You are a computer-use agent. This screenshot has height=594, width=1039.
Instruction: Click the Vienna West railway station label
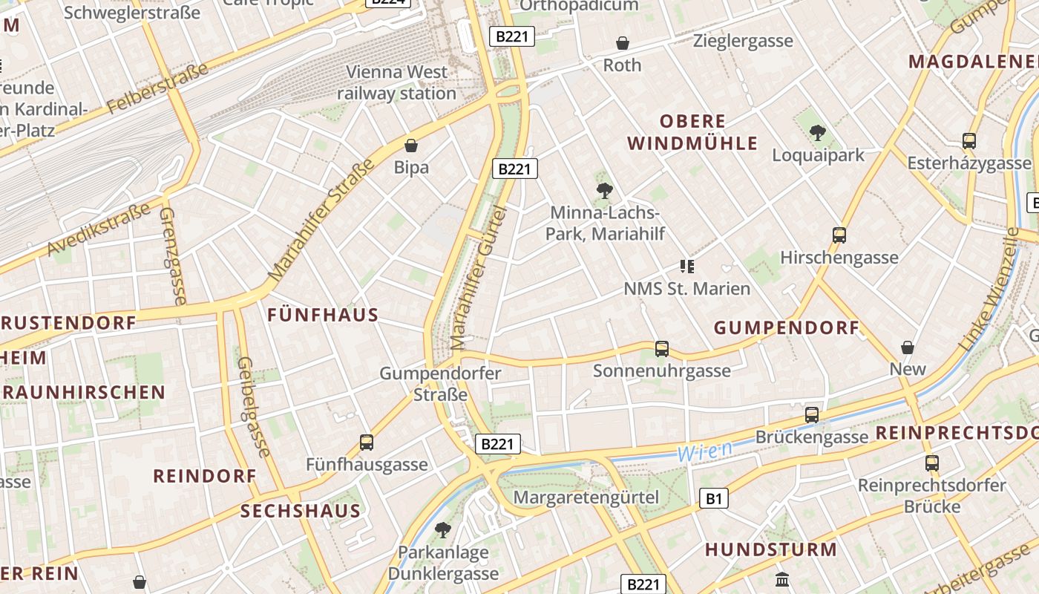[x=397, y=82]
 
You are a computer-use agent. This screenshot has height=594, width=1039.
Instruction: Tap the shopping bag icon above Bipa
[x=411, y=146]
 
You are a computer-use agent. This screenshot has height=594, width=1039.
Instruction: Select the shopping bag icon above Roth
[x=623, y=43]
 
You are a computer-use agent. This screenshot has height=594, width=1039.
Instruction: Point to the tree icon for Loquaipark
[x=818, y=133]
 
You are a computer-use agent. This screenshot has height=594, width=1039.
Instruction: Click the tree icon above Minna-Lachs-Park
[x=605, y=191]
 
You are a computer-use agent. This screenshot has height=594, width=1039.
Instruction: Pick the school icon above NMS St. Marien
[x=686, y=266]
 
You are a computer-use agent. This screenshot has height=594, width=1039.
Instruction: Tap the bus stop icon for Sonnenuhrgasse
[x=661, y=348]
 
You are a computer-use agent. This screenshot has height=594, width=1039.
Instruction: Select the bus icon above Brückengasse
[x=812, y=414]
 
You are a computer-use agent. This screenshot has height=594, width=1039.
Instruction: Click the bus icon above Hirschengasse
[x=839, y=235]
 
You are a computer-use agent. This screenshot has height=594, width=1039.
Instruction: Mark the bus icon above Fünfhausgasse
[x=367, y=443]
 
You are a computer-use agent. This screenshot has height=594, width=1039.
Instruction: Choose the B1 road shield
[x=713, y=498]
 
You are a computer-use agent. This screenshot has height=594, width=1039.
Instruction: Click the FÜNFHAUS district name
[x=323, y=315]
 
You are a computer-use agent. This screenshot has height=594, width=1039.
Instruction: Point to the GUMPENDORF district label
[x=787, y=327]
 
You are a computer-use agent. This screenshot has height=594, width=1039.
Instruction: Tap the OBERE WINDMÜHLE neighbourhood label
[x=693, y=132]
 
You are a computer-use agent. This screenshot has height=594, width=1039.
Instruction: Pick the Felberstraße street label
[x=157, y=89]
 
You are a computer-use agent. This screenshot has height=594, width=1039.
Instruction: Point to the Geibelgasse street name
[x=254, y=406]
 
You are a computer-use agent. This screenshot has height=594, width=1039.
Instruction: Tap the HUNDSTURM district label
[x=771, y=550]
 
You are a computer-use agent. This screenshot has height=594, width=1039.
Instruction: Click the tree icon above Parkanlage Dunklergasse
[x=443, y=529]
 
